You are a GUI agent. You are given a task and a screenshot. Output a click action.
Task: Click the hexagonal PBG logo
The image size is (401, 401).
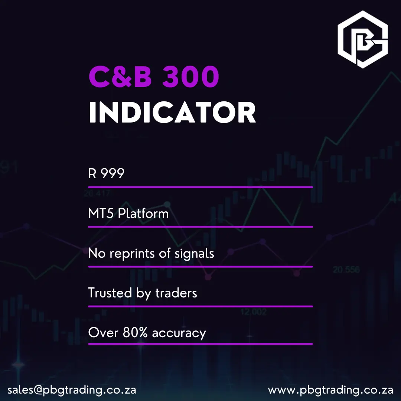(362, 39)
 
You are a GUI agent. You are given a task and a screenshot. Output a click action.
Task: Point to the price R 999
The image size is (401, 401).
(106, 173)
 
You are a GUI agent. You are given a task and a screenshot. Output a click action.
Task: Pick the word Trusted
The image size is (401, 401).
(110, 293)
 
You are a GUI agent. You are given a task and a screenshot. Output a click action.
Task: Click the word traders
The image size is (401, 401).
(176, 293)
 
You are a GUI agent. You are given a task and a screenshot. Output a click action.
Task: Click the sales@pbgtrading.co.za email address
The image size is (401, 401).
(72, 390)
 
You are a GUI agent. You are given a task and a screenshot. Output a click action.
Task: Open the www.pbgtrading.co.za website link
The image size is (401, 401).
(330, 390)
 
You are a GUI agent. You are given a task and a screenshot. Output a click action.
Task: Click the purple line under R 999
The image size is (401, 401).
(200, 187)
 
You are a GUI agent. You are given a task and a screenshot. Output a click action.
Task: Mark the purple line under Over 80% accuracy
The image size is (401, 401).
(200, 344)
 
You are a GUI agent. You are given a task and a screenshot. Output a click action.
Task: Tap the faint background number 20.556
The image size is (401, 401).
(346, 270)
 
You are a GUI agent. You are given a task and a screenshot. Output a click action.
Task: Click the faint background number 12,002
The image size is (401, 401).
(253, 312)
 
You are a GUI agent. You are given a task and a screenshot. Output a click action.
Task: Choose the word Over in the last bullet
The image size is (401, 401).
(103, 333)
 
